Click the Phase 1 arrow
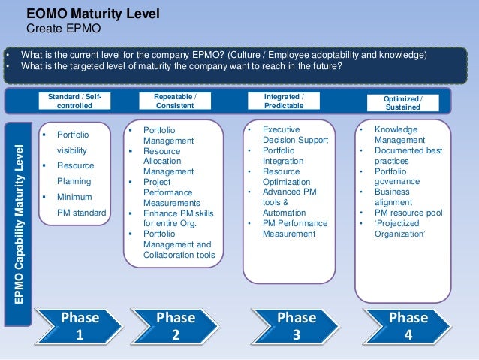coord(79,325)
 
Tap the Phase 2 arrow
coord(175,325)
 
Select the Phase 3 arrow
coord(296,325)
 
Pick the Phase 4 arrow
coord(408,325)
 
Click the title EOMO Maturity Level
coord(93,14)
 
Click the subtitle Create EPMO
coord(64,29)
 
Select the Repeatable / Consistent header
coord(175,101)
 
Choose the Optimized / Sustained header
coord(402,104)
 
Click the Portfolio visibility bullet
coord(74,142)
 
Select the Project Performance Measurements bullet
coord(171,192)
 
